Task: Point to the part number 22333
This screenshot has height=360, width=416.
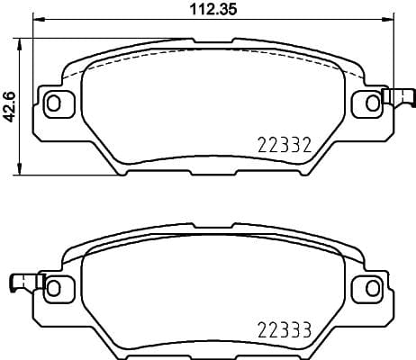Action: (x=285, y=329)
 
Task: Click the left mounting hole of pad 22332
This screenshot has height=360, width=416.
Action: (x=55, y=103)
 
